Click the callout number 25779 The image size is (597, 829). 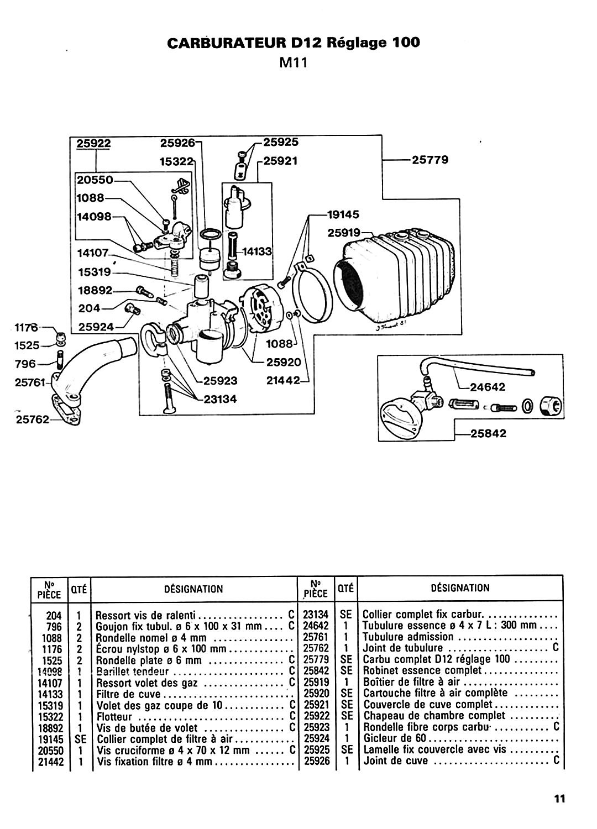(x=430, y=160)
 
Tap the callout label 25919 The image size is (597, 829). (x=344, y=233)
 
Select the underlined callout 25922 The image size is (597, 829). (x=93, y=143)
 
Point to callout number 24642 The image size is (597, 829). (x=488, y=387)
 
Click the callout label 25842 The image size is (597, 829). (x=488, y=433)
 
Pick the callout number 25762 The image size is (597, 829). (x=33, y=419)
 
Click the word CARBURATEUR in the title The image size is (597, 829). (x=227, y=43)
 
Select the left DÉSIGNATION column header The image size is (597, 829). (x=193, y=589)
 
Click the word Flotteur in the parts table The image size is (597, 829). (x=114, y=716)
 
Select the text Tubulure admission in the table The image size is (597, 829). (x=408, y=637)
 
